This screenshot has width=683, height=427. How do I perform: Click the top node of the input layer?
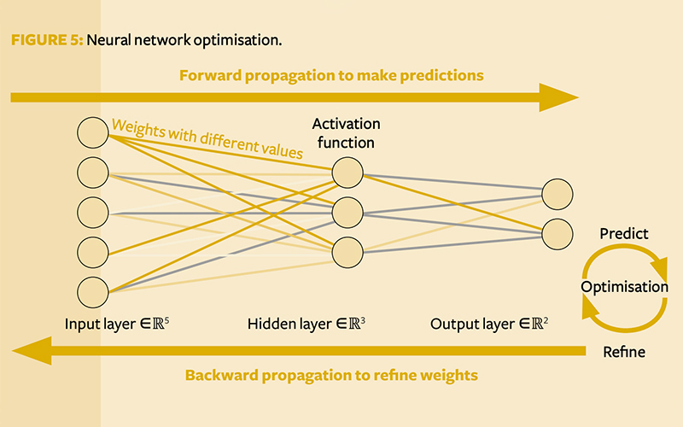pos(93,132)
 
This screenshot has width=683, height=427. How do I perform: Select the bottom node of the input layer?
pos(93,292)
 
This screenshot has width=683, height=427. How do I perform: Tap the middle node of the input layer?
pos(93,213)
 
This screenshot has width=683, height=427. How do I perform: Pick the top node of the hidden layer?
pos(347,173)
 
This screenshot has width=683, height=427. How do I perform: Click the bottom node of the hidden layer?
pos(347,252)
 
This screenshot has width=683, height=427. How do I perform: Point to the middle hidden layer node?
pos(347,213)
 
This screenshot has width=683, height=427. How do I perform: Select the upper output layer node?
pos(557,195)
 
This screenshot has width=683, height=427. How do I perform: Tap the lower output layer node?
pos(557,234)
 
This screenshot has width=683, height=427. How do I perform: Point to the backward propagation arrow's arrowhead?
pos(32,351)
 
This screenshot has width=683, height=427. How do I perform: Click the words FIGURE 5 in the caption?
pos(47,40)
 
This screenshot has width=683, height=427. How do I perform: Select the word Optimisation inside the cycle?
pos(625,287)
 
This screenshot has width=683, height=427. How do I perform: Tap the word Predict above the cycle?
pos(624,234)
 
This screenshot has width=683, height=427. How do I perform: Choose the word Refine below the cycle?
pos(624,352)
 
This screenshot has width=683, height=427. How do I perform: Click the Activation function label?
pos(347,133)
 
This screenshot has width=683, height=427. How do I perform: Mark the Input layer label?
pos(117,324)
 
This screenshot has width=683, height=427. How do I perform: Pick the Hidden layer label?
pos(306,324)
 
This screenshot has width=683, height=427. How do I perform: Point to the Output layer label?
pos(489,324)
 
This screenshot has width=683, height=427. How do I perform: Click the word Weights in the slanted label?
pos(138,129)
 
